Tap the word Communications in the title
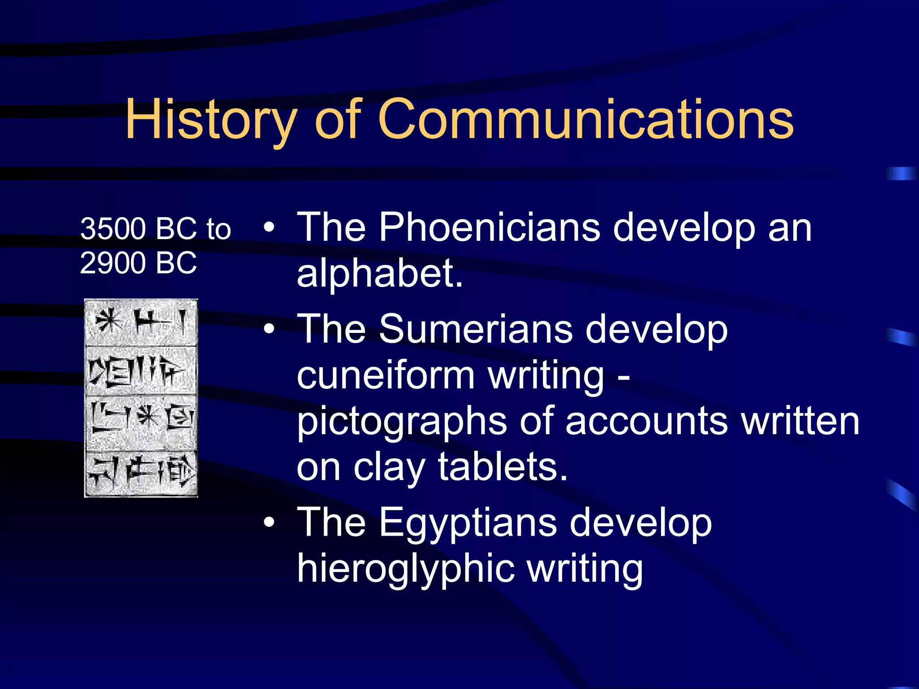(x=586, y=119)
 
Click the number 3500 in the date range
(x=113, y=228)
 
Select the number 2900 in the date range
(x=113, y=263)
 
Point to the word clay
(x=389, y=467)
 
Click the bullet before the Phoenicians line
(x=269, y=227)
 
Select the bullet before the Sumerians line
(x=269, y=329)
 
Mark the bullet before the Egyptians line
(x=269, y=523)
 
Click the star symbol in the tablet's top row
(x=108, y=321)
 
